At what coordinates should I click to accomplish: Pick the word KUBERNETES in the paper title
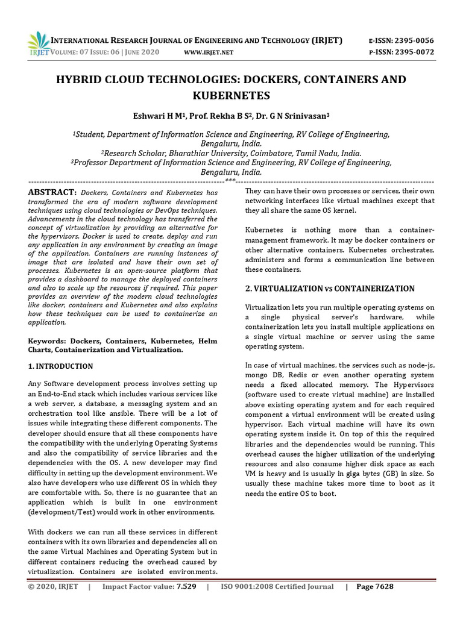[x=231, y=95]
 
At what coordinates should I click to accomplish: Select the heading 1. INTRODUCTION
[x=61, y=366]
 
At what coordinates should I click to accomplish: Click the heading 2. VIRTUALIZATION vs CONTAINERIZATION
[x=330, y=289]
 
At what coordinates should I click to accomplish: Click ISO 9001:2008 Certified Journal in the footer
[x=277, y=587]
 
